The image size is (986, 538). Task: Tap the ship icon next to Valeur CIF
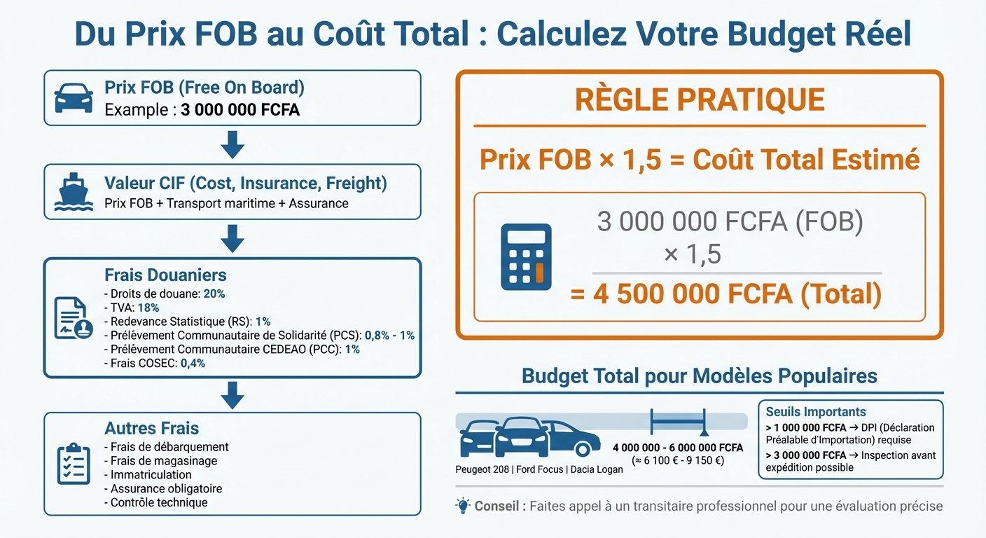pos(73,193)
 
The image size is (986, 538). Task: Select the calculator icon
pos(526,257)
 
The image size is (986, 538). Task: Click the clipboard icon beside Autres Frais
pos(73,464)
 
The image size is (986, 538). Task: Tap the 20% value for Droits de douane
pos(214,294)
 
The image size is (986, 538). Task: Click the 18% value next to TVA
pos(148,308)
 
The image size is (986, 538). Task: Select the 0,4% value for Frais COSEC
pos(193,364)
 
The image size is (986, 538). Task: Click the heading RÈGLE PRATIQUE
pos(699,100)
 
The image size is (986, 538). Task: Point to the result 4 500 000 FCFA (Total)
pos(726,294)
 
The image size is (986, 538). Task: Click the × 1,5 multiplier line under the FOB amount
pos(692,254)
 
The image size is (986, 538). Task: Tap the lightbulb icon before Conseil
pos(462,506)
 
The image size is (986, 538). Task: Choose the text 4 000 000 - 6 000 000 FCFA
pos(677,448)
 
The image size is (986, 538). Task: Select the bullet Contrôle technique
pos(159,502)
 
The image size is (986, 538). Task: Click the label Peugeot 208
pos(482,469)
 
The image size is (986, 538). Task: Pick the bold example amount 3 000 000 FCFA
pos(240,110)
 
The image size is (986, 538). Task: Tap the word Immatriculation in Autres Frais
pos(151,474)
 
